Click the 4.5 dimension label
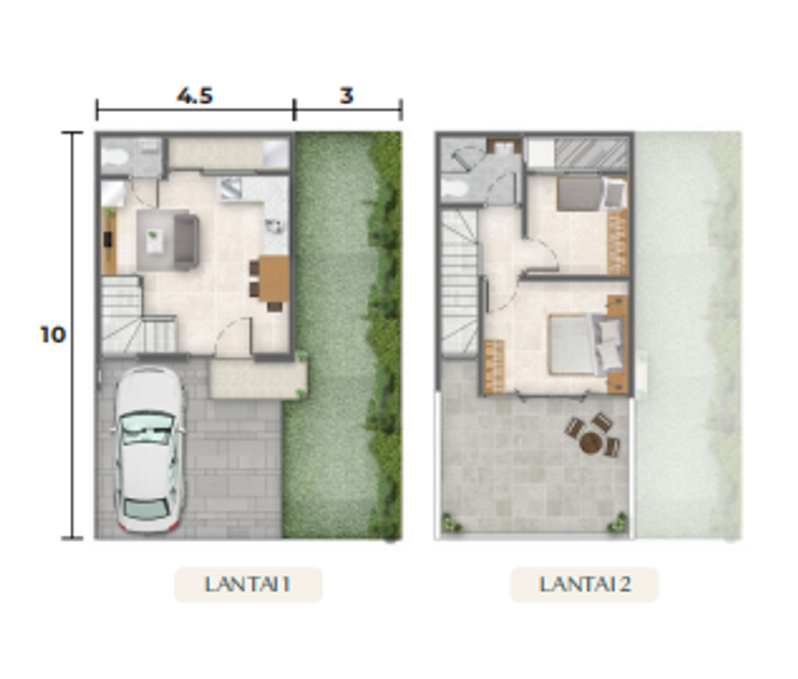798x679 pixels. click(x=194, y=96)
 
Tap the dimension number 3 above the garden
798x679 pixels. click(x=347, y=96)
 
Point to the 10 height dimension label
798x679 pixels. click(x=53, y=334)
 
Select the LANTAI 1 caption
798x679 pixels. click(x=247, y=584)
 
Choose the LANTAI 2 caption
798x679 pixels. click(x=584, y=584)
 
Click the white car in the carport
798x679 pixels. click(x=149, y=449)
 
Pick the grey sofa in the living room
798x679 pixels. click(x=185, y=241)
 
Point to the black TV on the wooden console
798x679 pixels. click(x=108, y=239)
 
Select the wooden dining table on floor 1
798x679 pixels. click(x=274, y=278)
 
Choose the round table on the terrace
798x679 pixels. click(x=591, y=442)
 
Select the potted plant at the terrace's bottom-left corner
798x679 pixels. click(x=450, y=522)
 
